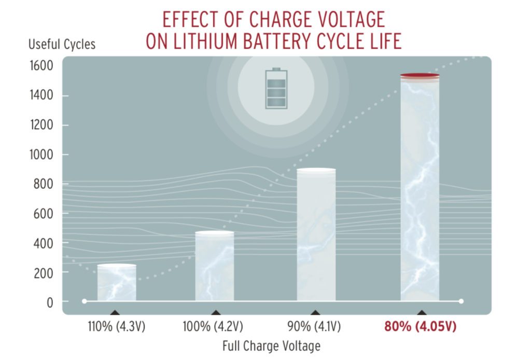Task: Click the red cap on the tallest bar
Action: [420, 76]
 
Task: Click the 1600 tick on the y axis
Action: [41, 66]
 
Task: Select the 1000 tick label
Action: [41, 155]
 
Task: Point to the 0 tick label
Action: [50, 302]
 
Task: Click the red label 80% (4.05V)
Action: [420, 328]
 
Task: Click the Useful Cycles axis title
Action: [62, 45]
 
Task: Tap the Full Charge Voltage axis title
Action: [271, 345]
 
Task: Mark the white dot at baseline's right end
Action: [461, 301]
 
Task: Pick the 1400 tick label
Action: [41, 95]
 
